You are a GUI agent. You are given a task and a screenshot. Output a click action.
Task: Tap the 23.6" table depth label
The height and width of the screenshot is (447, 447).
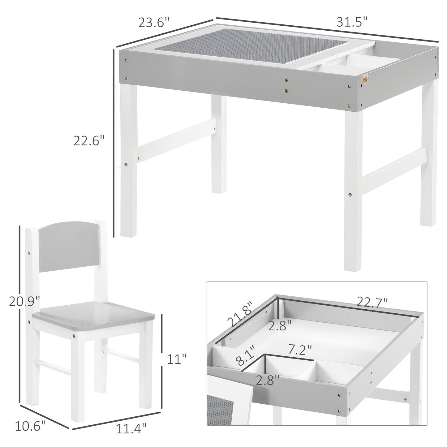tap(154, 23)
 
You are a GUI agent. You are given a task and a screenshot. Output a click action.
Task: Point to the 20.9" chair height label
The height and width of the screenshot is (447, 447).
tap(24, 301)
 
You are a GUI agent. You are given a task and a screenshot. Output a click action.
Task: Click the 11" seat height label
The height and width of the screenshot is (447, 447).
tap(177, 359)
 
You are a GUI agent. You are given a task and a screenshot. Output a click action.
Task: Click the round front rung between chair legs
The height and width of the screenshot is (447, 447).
tap(53, 367)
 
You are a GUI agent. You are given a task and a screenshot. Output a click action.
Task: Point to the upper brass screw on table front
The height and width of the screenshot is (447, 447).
tap(286, 80)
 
